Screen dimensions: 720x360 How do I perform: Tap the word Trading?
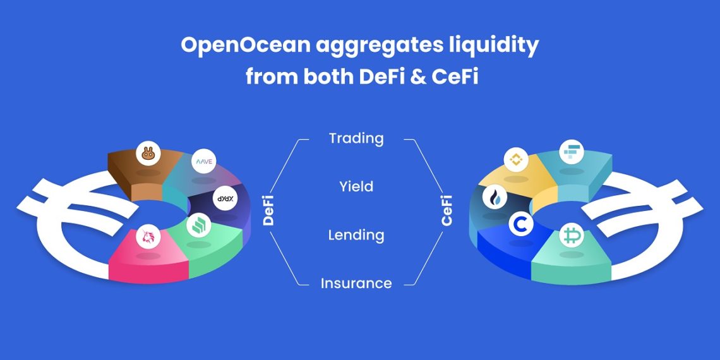coord(356,138)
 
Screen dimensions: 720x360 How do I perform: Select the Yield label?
coord(356,186)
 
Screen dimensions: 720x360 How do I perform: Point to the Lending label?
coord(356,235)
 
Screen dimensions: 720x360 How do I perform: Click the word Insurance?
coord(356,284)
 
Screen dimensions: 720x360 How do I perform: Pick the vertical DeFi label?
coord(268,210)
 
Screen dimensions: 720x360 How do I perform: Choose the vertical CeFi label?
coord(447,210)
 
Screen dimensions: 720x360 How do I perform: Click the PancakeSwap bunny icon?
coord(148,153)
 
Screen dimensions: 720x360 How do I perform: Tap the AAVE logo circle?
coord(204,161)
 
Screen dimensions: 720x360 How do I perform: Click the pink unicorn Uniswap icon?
coord(148,237)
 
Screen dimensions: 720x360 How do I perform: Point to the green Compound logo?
coord(199,225)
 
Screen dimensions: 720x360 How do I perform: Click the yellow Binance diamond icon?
coord(516,160)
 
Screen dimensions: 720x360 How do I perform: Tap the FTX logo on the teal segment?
coord(572,152)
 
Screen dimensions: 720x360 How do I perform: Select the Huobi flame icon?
coord(495,197)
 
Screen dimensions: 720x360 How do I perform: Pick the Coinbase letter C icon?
coord(521,225)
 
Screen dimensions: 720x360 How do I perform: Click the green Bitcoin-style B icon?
coord(572,236)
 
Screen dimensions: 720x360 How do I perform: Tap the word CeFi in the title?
coord(455,77)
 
